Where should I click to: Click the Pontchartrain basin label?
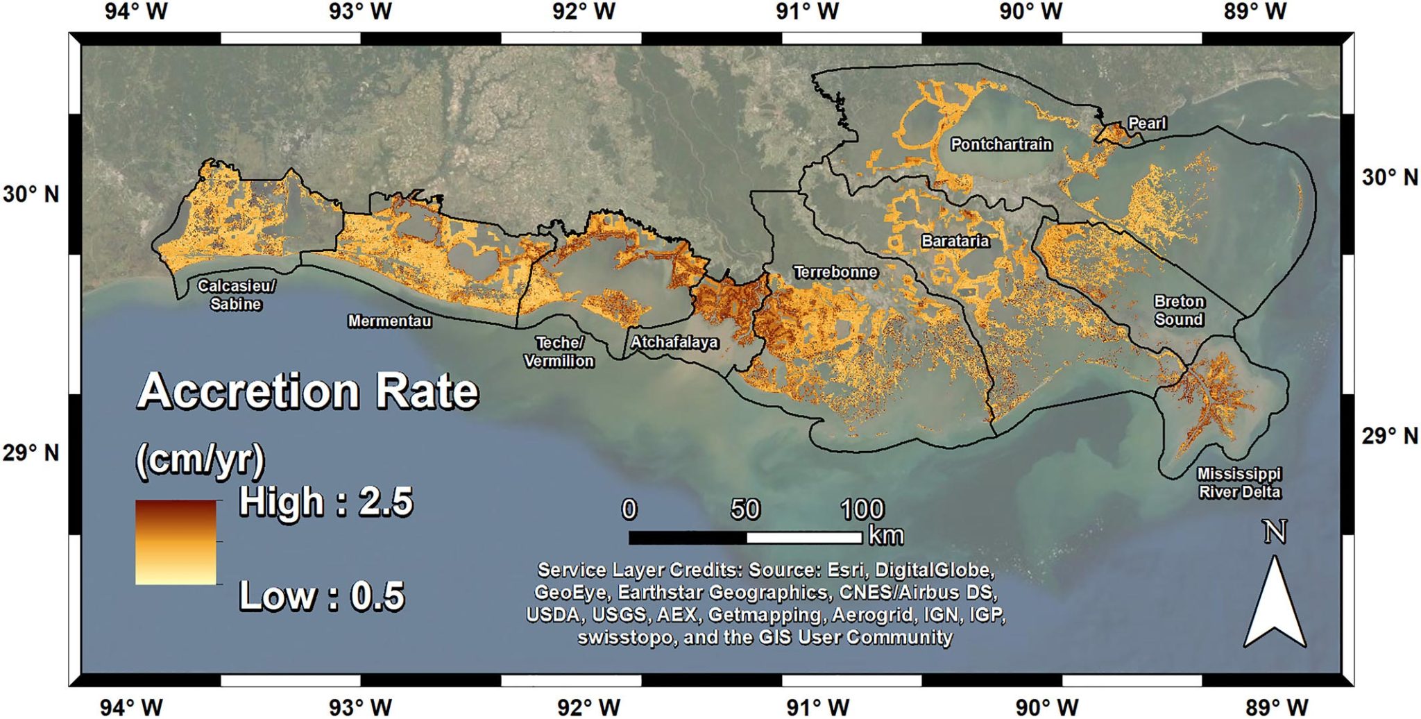[x=1001, y=144]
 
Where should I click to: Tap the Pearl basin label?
[x=1147, y=124]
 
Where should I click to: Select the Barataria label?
[x=955, y=242]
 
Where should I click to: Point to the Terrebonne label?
[x=835, y=272]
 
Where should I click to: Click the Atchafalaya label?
[x=674, y=342]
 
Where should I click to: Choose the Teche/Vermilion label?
[x=559, y=352]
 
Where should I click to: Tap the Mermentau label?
[x=389, y=321]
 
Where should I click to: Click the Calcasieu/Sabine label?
[x=236, y=295]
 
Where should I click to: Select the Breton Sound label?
[x=1179, y=310]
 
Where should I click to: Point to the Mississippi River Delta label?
[x=1239, y=483]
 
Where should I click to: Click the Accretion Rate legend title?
[x=308, y=391]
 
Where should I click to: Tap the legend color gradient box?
[x=176, y=542]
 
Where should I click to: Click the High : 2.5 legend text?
[x=325, y=502]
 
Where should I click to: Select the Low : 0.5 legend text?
[x=321, y=596]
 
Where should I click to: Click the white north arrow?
[x=1275, y=604]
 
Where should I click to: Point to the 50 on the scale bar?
[x=745, y=510]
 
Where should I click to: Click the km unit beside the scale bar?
[x=886, y=536]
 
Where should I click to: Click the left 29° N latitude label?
[x=31, y=453]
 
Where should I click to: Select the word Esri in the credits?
[x=845, y=570]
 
